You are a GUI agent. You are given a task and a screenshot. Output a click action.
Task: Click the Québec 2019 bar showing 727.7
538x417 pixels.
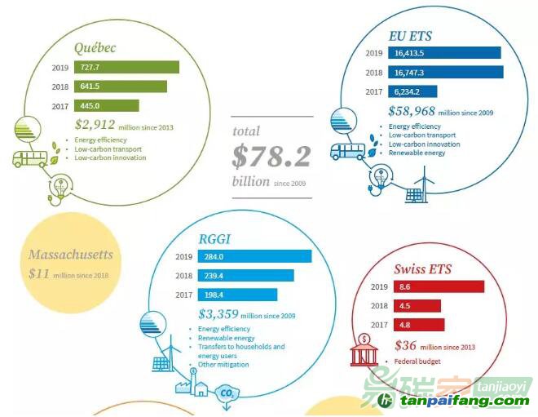pyautogui.click(x=126, y=67)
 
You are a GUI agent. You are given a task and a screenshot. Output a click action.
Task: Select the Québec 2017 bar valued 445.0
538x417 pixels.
pyautogui.click(x=107, y=105)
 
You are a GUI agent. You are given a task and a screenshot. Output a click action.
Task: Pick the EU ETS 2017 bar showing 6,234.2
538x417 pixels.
pyautogui.click(x=412, y=91)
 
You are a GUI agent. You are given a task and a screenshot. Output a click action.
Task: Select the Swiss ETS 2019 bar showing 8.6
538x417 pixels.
pyautogui.click(x=438, y=286)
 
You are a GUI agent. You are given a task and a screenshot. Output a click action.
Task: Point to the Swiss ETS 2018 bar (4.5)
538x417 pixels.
pyautogui.click(x=416, y=306)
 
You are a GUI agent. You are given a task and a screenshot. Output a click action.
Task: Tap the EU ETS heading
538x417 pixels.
pyautogui.click(x=410, y=36)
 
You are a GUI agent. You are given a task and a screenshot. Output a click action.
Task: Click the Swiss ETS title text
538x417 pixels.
pyautogui.click(x=423, y=269)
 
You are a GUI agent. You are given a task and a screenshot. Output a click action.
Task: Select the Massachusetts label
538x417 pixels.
pyautogui.click(x=70, y=255)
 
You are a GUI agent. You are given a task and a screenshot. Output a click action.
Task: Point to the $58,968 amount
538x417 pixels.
pyautogui.click(x=412, y=112)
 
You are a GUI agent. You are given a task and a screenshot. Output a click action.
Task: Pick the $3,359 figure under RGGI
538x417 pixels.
pyautogui.click(x=218, y=314)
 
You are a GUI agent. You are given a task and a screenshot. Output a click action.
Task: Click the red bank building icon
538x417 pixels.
pyautogui.click(x=363, y=352)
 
